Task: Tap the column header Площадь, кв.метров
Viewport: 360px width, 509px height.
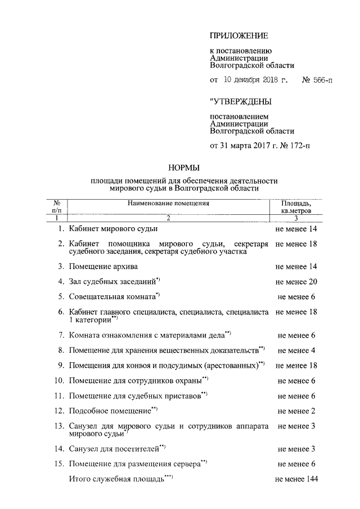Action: coord(296,207)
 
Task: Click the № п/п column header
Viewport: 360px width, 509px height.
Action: coord(56,207)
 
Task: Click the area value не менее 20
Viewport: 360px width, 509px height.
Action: coord(296,281)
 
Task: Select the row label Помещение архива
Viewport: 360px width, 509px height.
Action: coord(103,265)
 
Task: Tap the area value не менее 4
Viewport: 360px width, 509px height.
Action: coord(296,350)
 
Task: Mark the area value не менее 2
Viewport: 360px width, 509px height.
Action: coord(296,411)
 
